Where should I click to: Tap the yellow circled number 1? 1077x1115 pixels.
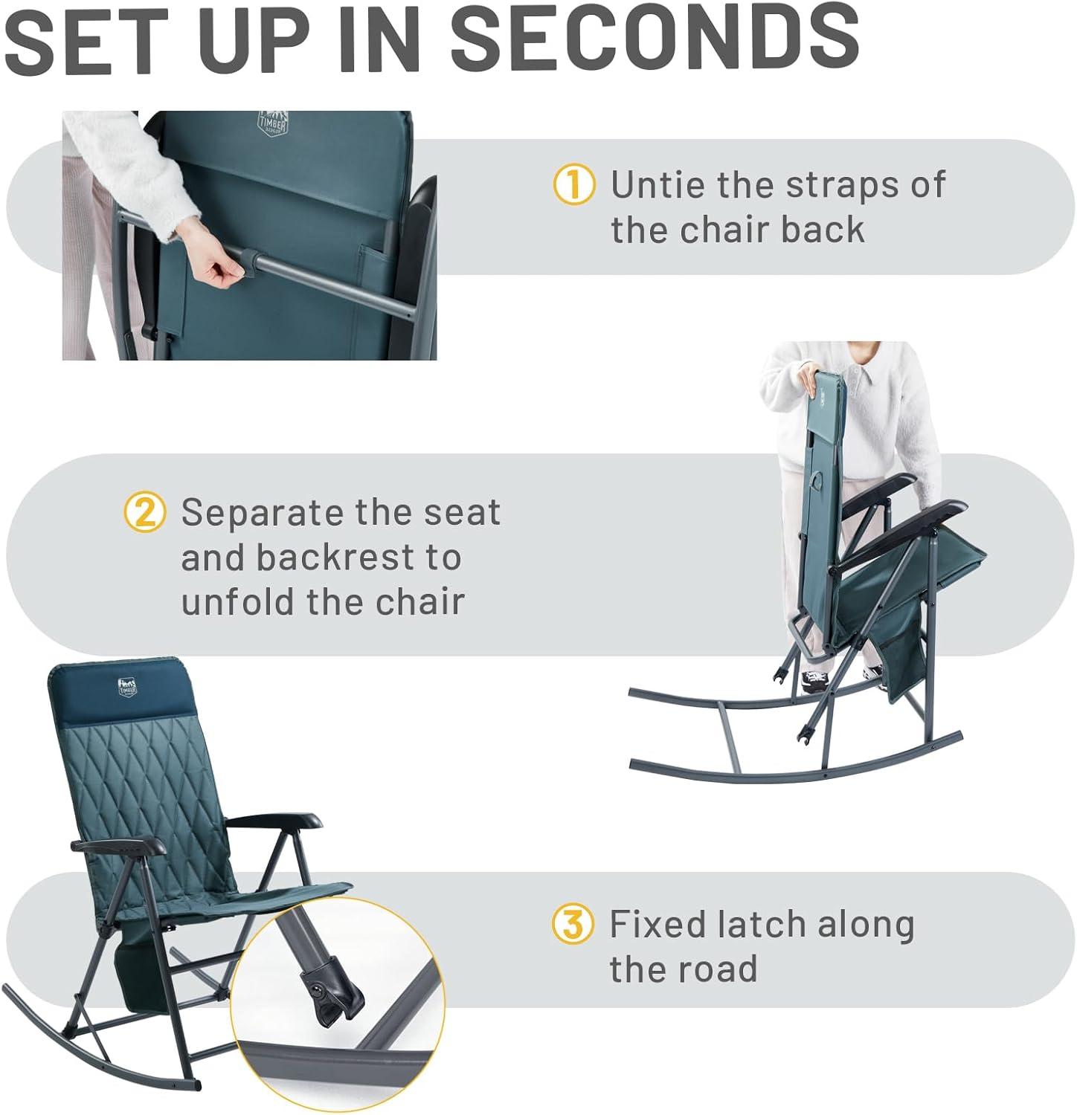pyautogui.click(x=574, y=184)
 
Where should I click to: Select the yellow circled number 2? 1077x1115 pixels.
pyautogui.click(x=145, y=512)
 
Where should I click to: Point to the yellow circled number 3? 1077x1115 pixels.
pyautogui.click(x=573, y=924)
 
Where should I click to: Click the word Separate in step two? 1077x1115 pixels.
pyautogui.click(x=262, y=512)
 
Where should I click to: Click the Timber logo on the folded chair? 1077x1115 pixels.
pyautogui.click(x=272, y=119)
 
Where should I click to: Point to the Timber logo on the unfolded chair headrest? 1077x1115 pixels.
pyautogui.click(x=128, y=687)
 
